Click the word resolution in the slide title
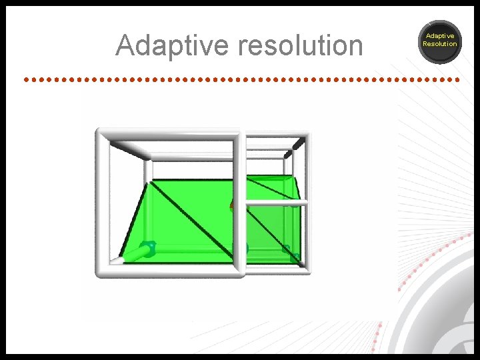click(300, 46)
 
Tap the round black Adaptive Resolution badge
click(440, 41)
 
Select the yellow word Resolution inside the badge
click(440, 44)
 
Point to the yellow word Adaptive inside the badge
click(440, 36)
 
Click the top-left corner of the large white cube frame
click(101, 133)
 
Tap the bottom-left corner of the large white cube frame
click(101, 271)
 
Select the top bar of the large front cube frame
click(170, 133)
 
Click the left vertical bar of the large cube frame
click(101, 200)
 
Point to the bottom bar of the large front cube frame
click(170, 271)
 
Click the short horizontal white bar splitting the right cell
click(275, 202)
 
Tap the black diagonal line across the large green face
click(193, 220)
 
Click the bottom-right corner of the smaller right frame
click(307, 270)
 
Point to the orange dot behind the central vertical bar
click(232, 206)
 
